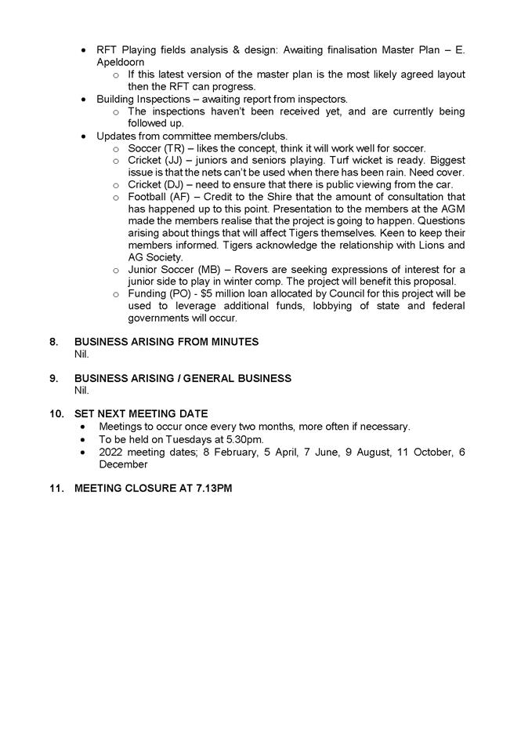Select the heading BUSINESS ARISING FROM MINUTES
(166, 342)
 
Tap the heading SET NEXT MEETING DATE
(141, 413)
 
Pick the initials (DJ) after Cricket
(175, 184)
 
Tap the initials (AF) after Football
(182, 196)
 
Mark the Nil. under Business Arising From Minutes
(81, 354)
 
